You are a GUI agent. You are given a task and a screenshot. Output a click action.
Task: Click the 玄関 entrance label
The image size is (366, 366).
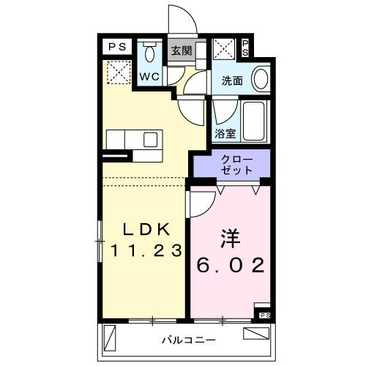(x=181, y=51)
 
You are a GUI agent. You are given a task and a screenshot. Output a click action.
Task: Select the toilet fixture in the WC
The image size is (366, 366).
(x=150, y=53)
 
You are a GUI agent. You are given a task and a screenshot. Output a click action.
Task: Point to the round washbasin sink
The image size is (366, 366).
(x=260, y=78)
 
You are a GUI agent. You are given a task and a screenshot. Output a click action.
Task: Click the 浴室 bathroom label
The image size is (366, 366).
(x=225, y=133)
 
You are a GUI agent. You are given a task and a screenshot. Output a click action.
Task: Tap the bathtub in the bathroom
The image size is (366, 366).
(x=255, y=122)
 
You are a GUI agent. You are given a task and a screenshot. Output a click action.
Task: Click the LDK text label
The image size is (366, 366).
(x=145, y=228)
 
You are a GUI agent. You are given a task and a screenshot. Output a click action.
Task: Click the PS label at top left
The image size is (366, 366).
(x=117, y=47)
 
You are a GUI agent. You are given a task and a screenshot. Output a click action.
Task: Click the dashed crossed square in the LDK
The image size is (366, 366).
(x=118, y=72)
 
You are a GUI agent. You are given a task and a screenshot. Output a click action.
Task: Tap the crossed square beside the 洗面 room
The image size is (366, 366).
(x=223, y=51)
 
